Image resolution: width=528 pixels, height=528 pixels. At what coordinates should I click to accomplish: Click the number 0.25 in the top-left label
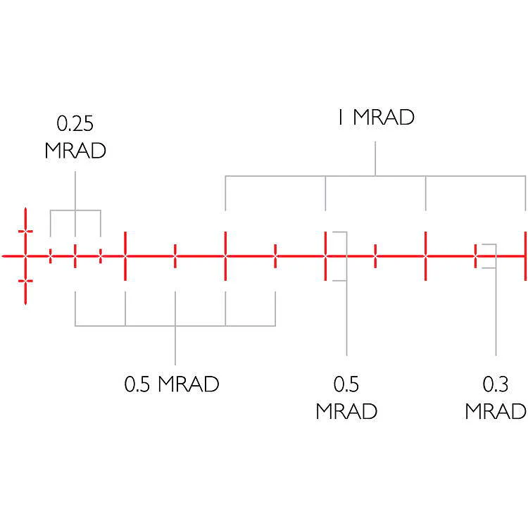pos(75,124)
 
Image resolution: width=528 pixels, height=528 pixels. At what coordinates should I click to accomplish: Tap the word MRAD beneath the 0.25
pos(75,150)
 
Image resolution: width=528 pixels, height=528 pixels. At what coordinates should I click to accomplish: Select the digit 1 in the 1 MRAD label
pos(341,117)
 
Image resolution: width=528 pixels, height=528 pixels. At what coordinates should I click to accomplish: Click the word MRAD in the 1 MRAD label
pos(384,117)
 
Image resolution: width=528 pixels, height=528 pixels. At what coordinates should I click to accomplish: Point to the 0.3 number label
pos(496,384)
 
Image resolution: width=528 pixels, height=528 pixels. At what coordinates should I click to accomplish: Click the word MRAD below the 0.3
pos(496,411)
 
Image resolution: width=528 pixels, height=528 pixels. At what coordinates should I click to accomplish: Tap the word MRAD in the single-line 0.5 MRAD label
pos(189,384)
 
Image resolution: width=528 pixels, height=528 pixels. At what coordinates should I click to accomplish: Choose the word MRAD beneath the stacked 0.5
pos(346,411)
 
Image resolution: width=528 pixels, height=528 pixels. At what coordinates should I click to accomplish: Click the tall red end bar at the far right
pos(525,256)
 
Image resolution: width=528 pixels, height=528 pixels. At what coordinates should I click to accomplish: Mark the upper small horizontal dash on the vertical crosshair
pos(25,231)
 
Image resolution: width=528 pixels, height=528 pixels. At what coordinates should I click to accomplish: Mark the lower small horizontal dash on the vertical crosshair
pos(25,281)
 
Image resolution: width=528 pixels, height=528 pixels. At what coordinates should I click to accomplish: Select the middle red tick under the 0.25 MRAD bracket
pos(75,256)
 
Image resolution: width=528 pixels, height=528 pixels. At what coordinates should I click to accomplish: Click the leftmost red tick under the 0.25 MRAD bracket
pos(51,256)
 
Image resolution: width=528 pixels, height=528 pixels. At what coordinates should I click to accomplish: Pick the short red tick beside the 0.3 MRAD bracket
pos(475,256)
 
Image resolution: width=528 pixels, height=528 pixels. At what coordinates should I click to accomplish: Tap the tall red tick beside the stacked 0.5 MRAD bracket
pos(325,256)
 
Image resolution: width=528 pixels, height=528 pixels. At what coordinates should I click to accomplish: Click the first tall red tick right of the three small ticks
pos(125,256)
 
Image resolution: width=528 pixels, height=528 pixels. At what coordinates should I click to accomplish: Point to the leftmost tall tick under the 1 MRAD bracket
pos(225,256)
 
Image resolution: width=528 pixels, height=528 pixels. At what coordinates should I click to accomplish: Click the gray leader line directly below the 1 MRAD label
pos(375,158)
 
